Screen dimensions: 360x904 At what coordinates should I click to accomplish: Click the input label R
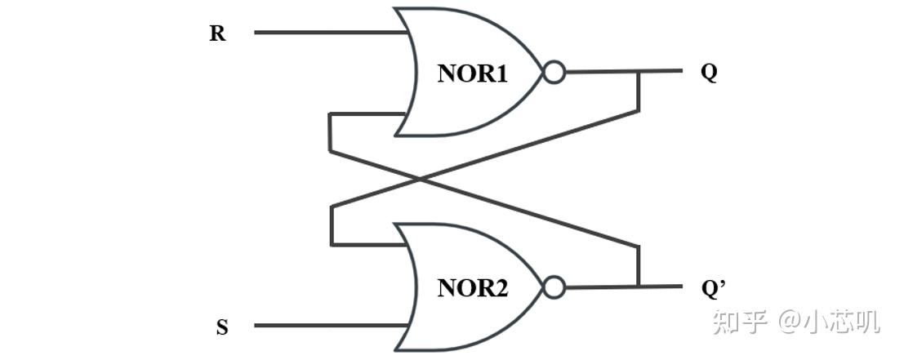tap(217, 33)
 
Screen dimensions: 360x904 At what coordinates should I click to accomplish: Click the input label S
tap(222, 328)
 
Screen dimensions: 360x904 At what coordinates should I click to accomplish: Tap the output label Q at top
tap(709, 72)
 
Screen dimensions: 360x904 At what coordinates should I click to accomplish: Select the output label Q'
tap(713, 287)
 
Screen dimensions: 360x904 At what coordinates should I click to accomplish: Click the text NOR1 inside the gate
tap(473, 73)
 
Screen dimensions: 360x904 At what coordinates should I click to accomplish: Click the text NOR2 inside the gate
tap(473, 288)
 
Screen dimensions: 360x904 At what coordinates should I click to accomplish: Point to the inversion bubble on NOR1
tap(554, 73)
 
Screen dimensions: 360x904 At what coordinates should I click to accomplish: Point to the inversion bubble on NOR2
tap(554, 287)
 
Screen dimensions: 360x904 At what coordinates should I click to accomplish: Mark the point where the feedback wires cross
tap(420, 179)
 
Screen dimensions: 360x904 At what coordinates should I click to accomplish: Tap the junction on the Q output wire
tap(638, 72)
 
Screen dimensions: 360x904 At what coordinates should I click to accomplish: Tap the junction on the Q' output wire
tap(638, 287)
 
